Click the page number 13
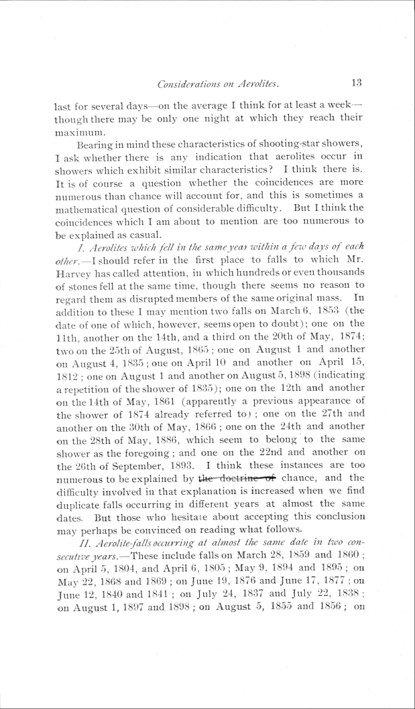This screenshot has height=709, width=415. point(355,83)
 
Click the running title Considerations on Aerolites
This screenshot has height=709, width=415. point(217,84)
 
